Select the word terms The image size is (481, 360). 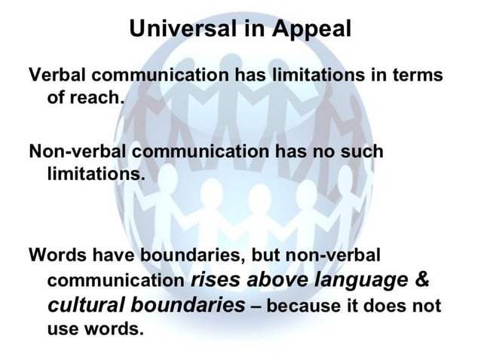click(x=417, y=77)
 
